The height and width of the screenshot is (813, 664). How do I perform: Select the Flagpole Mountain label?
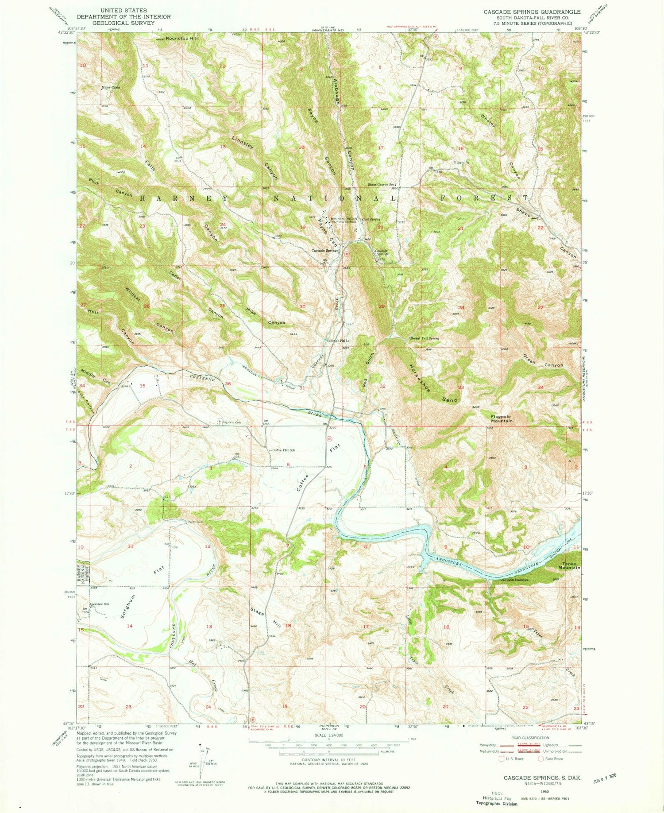501,418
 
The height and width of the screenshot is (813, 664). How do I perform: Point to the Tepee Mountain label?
569,565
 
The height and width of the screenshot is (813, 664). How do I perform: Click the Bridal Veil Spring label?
424,338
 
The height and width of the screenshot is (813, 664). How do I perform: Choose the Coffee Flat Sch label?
283,450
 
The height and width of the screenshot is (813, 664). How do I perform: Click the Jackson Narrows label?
514,580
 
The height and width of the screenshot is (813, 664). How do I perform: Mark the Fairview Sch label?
100,604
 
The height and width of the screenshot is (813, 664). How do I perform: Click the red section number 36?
228,383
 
